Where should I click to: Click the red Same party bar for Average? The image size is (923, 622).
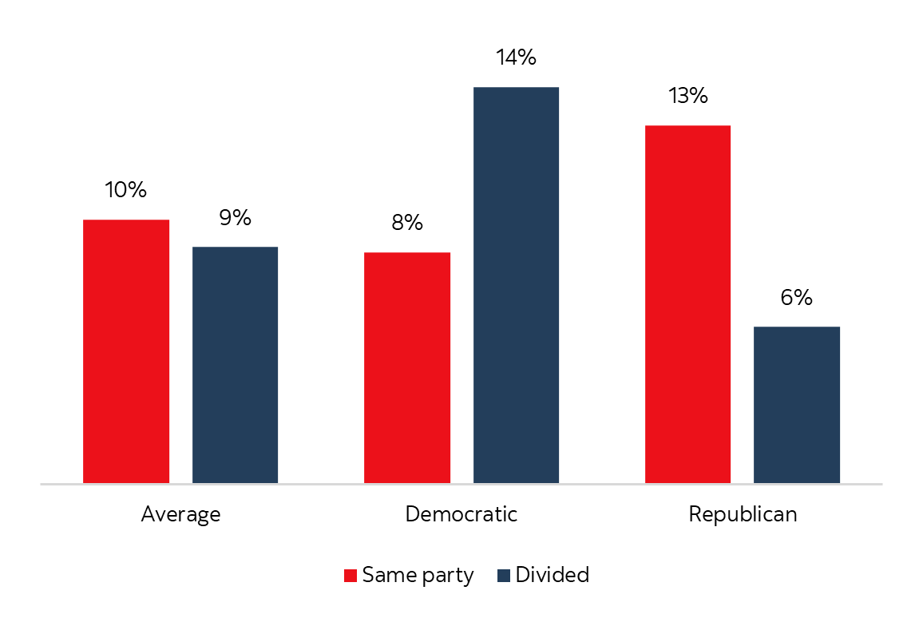(x=126, y=351)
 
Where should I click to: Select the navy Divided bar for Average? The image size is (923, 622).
(x=235, y=365)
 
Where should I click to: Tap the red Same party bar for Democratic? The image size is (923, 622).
(x=407, y=367)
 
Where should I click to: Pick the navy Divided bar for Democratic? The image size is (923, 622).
(x=516, y=285)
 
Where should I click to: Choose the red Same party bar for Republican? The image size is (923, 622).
(x=687, y=304)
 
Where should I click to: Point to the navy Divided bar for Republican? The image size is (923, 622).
(x=797, y=405)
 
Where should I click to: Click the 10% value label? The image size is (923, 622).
(x=126, y=190)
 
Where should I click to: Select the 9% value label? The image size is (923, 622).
(x=235, y=217)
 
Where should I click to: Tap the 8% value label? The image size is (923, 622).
(x=407, y=223)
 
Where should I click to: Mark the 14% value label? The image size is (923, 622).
(x=516, y=58)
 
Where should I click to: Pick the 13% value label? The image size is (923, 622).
(x=687, y=97)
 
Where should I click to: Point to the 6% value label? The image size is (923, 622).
(x=797, y=298)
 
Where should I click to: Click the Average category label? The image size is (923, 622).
(x=180, y=514)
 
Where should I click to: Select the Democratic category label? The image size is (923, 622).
(x=461, y=513)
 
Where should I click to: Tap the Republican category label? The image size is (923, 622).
(x=743, y=514)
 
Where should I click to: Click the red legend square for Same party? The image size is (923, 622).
(x=351, y=576)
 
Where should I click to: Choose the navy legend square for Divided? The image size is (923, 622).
(x=504, y=576)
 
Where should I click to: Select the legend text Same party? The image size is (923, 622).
(x=418, y=576)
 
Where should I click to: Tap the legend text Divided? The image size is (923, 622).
(x=553, y=575)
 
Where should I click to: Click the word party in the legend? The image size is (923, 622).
(x=448, y=576)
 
